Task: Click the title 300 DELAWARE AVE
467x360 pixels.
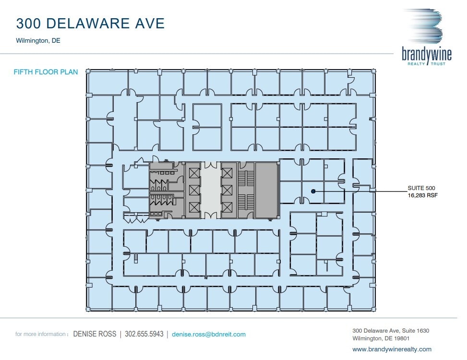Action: (x=90, y=23)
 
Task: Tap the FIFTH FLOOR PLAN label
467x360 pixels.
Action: (x=46, y=73)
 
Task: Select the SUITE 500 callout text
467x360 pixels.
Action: (x=421, y=188)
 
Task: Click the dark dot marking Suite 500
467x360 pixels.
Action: (x=313, y=191)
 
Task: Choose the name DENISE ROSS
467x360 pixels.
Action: (x=95, y=334)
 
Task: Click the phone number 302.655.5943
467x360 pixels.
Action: (x=144, y=334)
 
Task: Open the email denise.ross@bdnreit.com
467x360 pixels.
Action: (x=209, y=334)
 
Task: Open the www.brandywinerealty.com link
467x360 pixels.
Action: (x=392, y=349)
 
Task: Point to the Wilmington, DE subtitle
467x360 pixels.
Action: (x=38, y=41)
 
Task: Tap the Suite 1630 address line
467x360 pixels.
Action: (x=391, y=330)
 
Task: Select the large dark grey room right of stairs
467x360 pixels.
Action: (x=266, y=190)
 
